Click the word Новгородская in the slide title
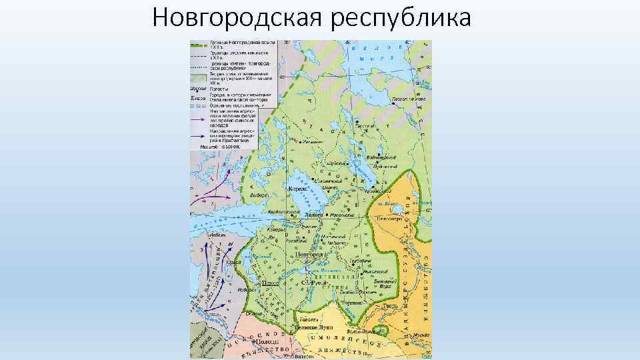click(237, 18)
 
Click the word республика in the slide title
click(401, 18)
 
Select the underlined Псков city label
click(270, 283)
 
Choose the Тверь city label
click(391, 305)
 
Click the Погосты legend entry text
click(219, 88)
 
